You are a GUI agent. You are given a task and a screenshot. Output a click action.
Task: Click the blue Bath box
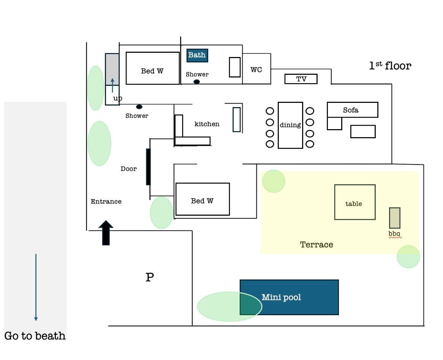point(197,55)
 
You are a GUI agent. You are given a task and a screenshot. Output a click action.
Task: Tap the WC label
point(256,70)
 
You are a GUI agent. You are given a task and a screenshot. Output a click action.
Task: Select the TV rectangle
point(301,79)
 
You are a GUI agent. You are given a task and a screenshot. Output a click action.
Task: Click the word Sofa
point(351,110)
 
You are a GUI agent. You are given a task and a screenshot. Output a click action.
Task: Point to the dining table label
point(290,125)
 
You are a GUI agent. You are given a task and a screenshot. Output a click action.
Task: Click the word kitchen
point(207,124)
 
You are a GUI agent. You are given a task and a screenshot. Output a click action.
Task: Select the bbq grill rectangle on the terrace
point(394,218)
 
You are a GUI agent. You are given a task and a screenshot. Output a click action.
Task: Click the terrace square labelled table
point(354,202)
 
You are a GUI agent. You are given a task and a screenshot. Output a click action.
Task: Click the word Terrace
point(316,245)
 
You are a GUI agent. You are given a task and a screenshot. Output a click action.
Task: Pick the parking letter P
point(150,278)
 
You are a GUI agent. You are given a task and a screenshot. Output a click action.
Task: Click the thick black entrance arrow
point(106,232)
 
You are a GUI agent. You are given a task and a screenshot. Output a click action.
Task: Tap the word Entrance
point(106,202)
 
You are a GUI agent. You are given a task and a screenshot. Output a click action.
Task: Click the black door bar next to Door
point(148,167)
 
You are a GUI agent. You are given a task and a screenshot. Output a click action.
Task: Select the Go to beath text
point(35,336)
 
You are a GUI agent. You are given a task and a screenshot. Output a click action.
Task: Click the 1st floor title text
point(390,66)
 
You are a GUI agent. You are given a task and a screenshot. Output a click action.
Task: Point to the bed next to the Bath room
point(152,68)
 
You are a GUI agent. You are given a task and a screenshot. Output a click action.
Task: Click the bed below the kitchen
point(203,199)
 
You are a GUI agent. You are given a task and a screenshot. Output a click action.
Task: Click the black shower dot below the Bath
point(197,82)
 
